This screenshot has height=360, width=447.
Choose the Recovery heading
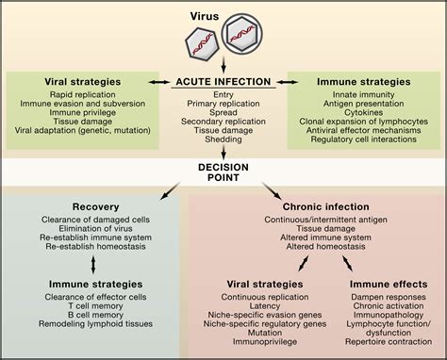pos(102,205)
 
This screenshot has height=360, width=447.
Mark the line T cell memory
pos(102,304)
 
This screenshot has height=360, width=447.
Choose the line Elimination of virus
pos(102,229)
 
